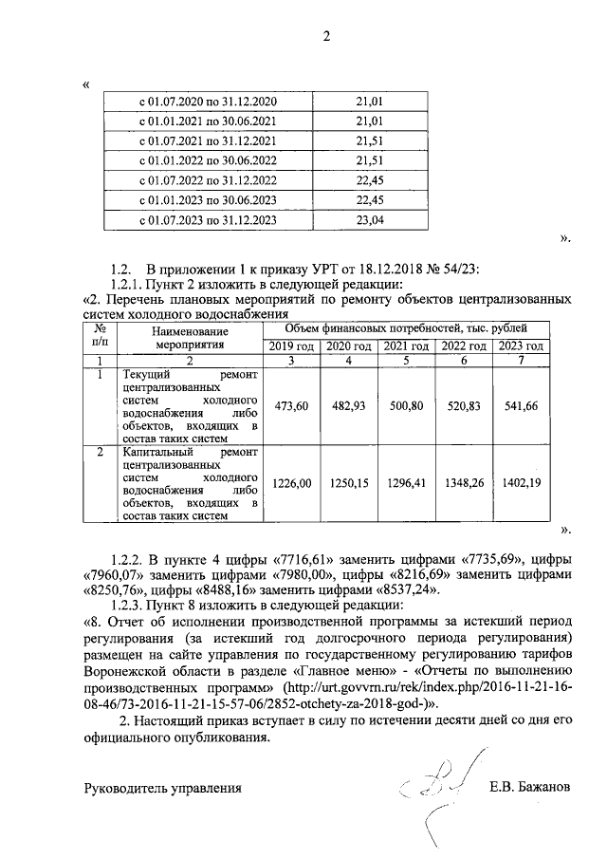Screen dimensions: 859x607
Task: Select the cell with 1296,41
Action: coord(407,483)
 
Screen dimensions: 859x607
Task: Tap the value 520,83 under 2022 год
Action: coord(464,406)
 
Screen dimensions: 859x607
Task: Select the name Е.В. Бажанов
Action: coord(531,787)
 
